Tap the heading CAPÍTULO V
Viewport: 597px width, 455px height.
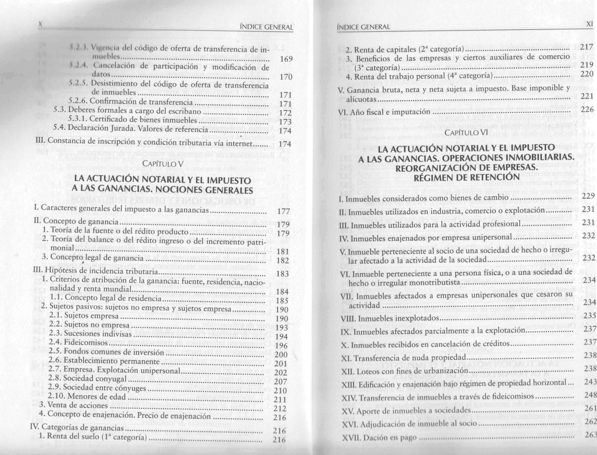[x=163, y=164]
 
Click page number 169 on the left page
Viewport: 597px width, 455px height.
[x=286, y=59]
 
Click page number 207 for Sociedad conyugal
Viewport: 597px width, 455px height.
[x=280, y=382]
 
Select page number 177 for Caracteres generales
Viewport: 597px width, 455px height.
[x=284, y=212]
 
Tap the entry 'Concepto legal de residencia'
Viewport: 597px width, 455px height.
[x=113, y=298]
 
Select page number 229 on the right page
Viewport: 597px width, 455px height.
[x=589, y=196]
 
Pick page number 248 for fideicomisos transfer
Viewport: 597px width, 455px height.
[x=590, y=395]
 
